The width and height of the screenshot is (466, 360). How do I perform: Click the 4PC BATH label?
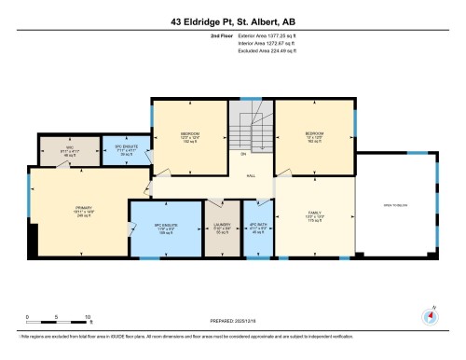click(x=257, y=228)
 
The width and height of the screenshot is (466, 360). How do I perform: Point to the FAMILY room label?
click(x=314, y=216)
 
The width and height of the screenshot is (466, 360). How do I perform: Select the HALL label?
click(x=252, y=174)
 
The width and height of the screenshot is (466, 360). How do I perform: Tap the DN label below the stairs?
click(x=243, y=154)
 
